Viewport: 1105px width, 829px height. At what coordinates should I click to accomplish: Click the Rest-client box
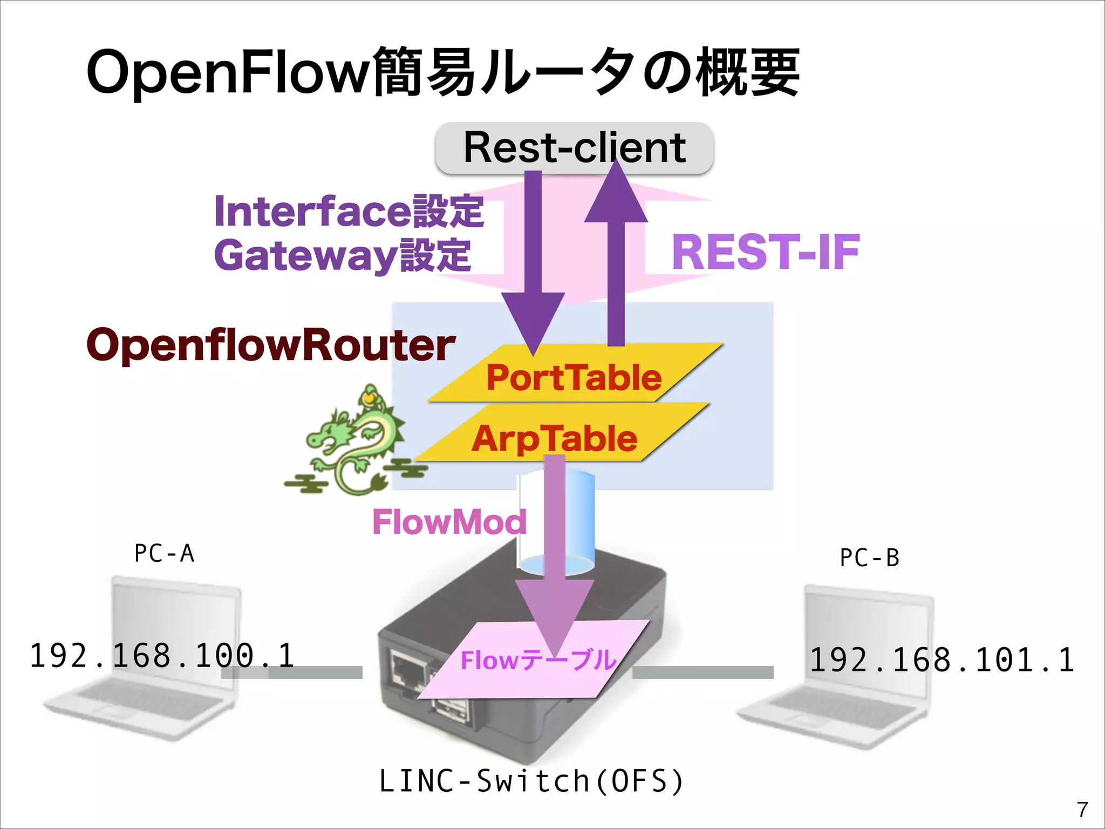coord(574,147)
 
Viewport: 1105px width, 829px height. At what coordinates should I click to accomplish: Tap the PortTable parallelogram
coord(574,377)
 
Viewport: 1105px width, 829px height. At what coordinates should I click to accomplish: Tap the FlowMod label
coord(449,522)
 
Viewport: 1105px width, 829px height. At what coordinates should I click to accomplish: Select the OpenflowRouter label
coord(271,345)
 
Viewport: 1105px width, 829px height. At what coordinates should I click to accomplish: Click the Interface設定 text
coord(349,211)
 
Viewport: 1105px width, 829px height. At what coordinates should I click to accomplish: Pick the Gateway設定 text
coord(343,256)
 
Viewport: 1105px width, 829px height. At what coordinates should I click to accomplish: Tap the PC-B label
coord(869,558)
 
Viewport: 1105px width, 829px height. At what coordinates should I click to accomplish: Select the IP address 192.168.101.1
coord(942,660)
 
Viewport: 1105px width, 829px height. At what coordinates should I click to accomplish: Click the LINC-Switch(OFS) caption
coord(531,781)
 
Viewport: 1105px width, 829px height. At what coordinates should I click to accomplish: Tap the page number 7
coord(1082,810)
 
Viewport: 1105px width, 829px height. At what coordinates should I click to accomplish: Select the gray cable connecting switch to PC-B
coord(702,672)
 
